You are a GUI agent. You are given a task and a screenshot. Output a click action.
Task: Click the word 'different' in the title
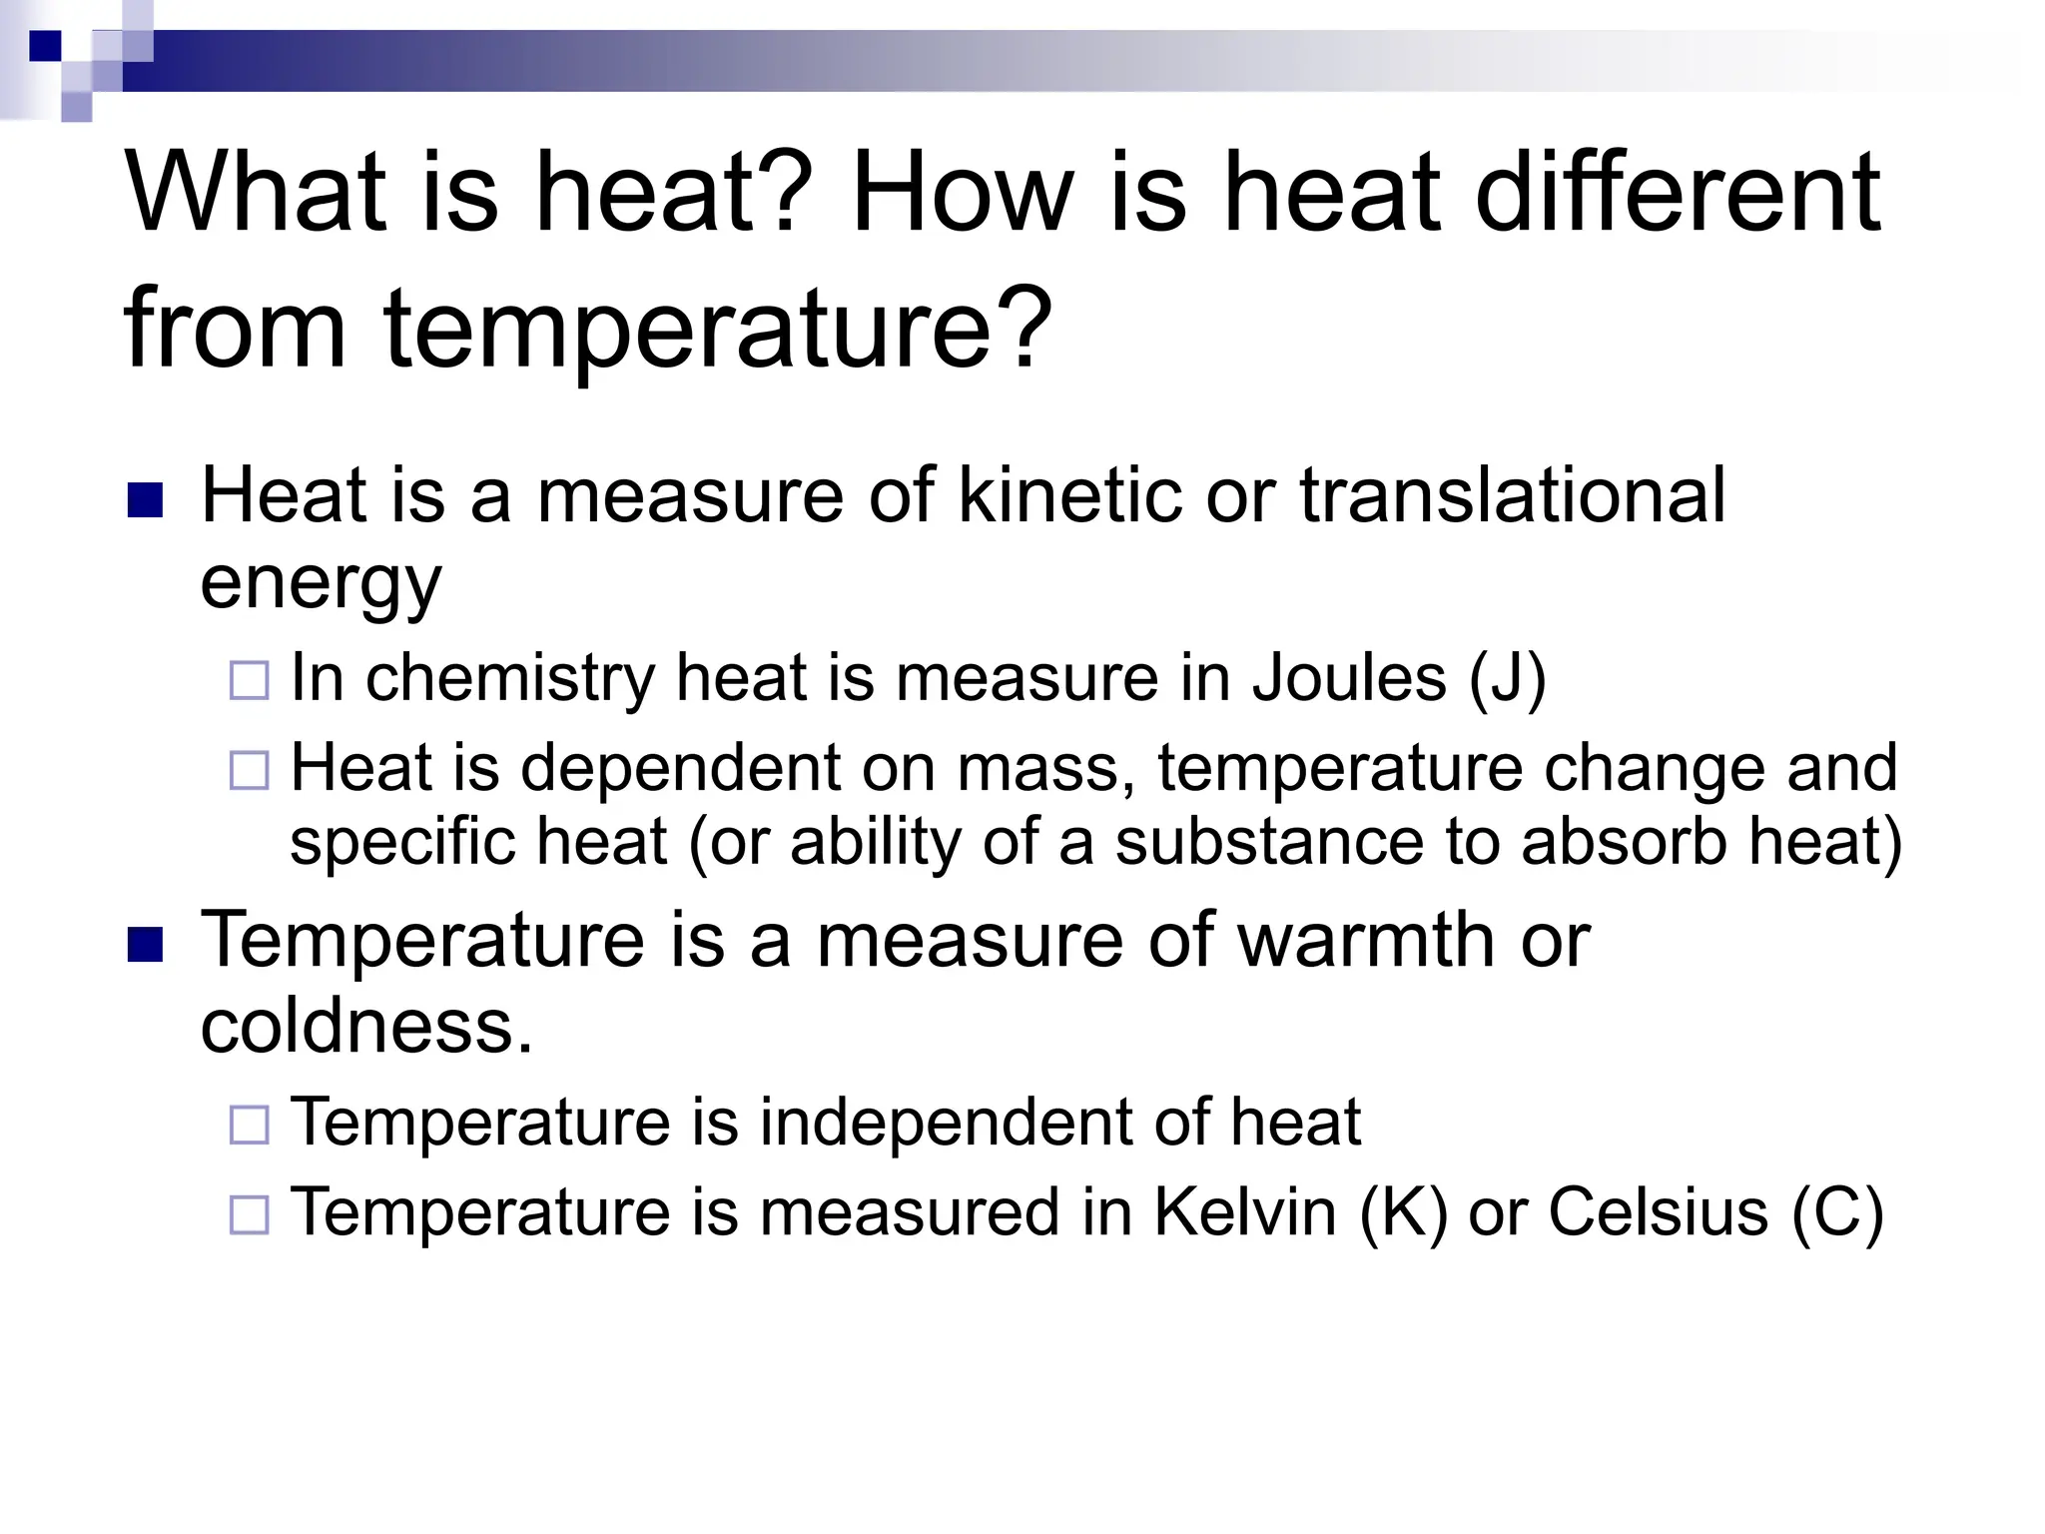pos(1678,192)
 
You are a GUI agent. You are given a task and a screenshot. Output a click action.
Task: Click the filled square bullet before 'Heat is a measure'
pos(145,500)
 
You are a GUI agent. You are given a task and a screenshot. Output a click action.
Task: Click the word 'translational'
pos(1512,495)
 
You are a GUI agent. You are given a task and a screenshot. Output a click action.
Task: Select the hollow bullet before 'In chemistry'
pos(249,681)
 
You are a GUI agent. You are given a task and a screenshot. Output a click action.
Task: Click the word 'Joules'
pos(1349,678)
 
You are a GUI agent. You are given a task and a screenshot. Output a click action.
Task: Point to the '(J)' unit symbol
pos(1507,680)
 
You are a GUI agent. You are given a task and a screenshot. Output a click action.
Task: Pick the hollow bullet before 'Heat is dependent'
pos(249,771)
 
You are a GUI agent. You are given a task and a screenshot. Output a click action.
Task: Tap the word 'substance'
pos(1269,842)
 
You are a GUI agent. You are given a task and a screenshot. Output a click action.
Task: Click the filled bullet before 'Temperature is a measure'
pos(145,945)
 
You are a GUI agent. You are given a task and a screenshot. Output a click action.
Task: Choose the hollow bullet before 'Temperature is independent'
pos(249,1126)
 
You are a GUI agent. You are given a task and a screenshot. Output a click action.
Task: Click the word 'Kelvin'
pos(1244,1212)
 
